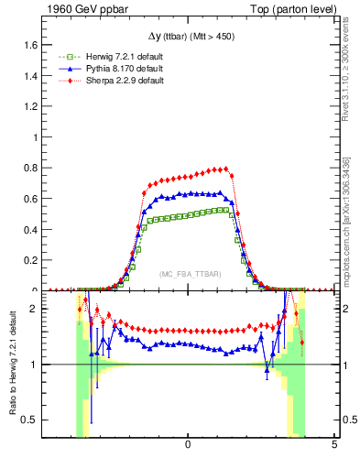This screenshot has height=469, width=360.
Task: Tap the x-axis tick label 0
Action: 188,444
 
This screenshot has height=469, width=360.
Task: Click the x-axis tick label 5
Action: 334,444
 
